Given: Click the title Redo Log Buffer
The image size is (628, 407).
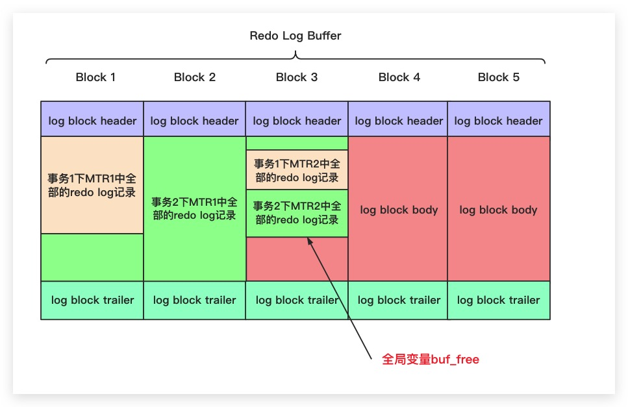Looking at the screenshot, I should coord(295,36).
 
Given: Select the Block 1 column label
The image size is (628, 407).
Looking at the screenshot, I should coord(95,77).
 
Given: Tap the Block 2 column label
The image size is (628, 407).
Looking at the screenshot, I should coord(195,77).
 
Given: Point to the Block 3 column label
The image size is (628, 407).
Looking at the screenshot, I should coord(297,77).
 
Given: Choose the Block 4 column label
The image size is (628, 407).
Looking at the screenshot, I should coord(399,77).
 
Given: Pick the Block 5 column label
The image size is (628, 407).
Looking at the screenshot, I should coord(499,77).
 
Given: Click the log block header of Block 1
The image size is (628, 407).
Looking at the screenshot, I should coord(92,120).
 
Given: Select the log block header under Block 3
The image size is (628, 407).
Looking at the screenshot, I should coord(297,120).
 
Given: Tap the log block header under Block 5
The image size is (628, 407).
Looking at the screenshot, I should coord(499,120).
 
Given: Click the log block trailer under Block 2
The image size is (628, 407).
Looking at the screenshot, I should coord(195,300).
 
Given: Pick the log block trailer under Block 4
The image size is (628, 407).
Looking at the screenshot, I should coord(399,300).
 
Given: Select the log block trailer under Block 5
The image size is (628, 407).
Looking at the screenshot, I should coord(499,300).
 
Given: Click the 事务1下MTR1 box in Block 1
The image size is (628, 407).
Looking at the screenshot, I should coord(92,185).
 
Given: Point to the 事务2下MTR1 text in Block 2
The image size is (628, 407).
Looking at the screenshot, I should coord(195,208).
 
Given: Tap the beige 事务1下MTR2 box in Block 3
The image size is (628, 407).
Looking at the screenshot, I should coord(297,170).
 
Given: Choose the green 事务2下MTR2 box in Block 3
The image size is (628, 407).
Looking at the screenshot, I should coord(297,213).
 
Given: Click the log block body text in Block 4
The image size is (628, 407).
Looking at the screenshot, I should coord(399,210).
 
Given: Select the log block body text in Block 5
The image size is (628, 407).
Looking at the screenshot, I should coord(499,210).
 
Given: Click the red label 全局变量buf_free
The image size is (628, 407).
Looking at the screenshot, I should coord(431,360).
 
